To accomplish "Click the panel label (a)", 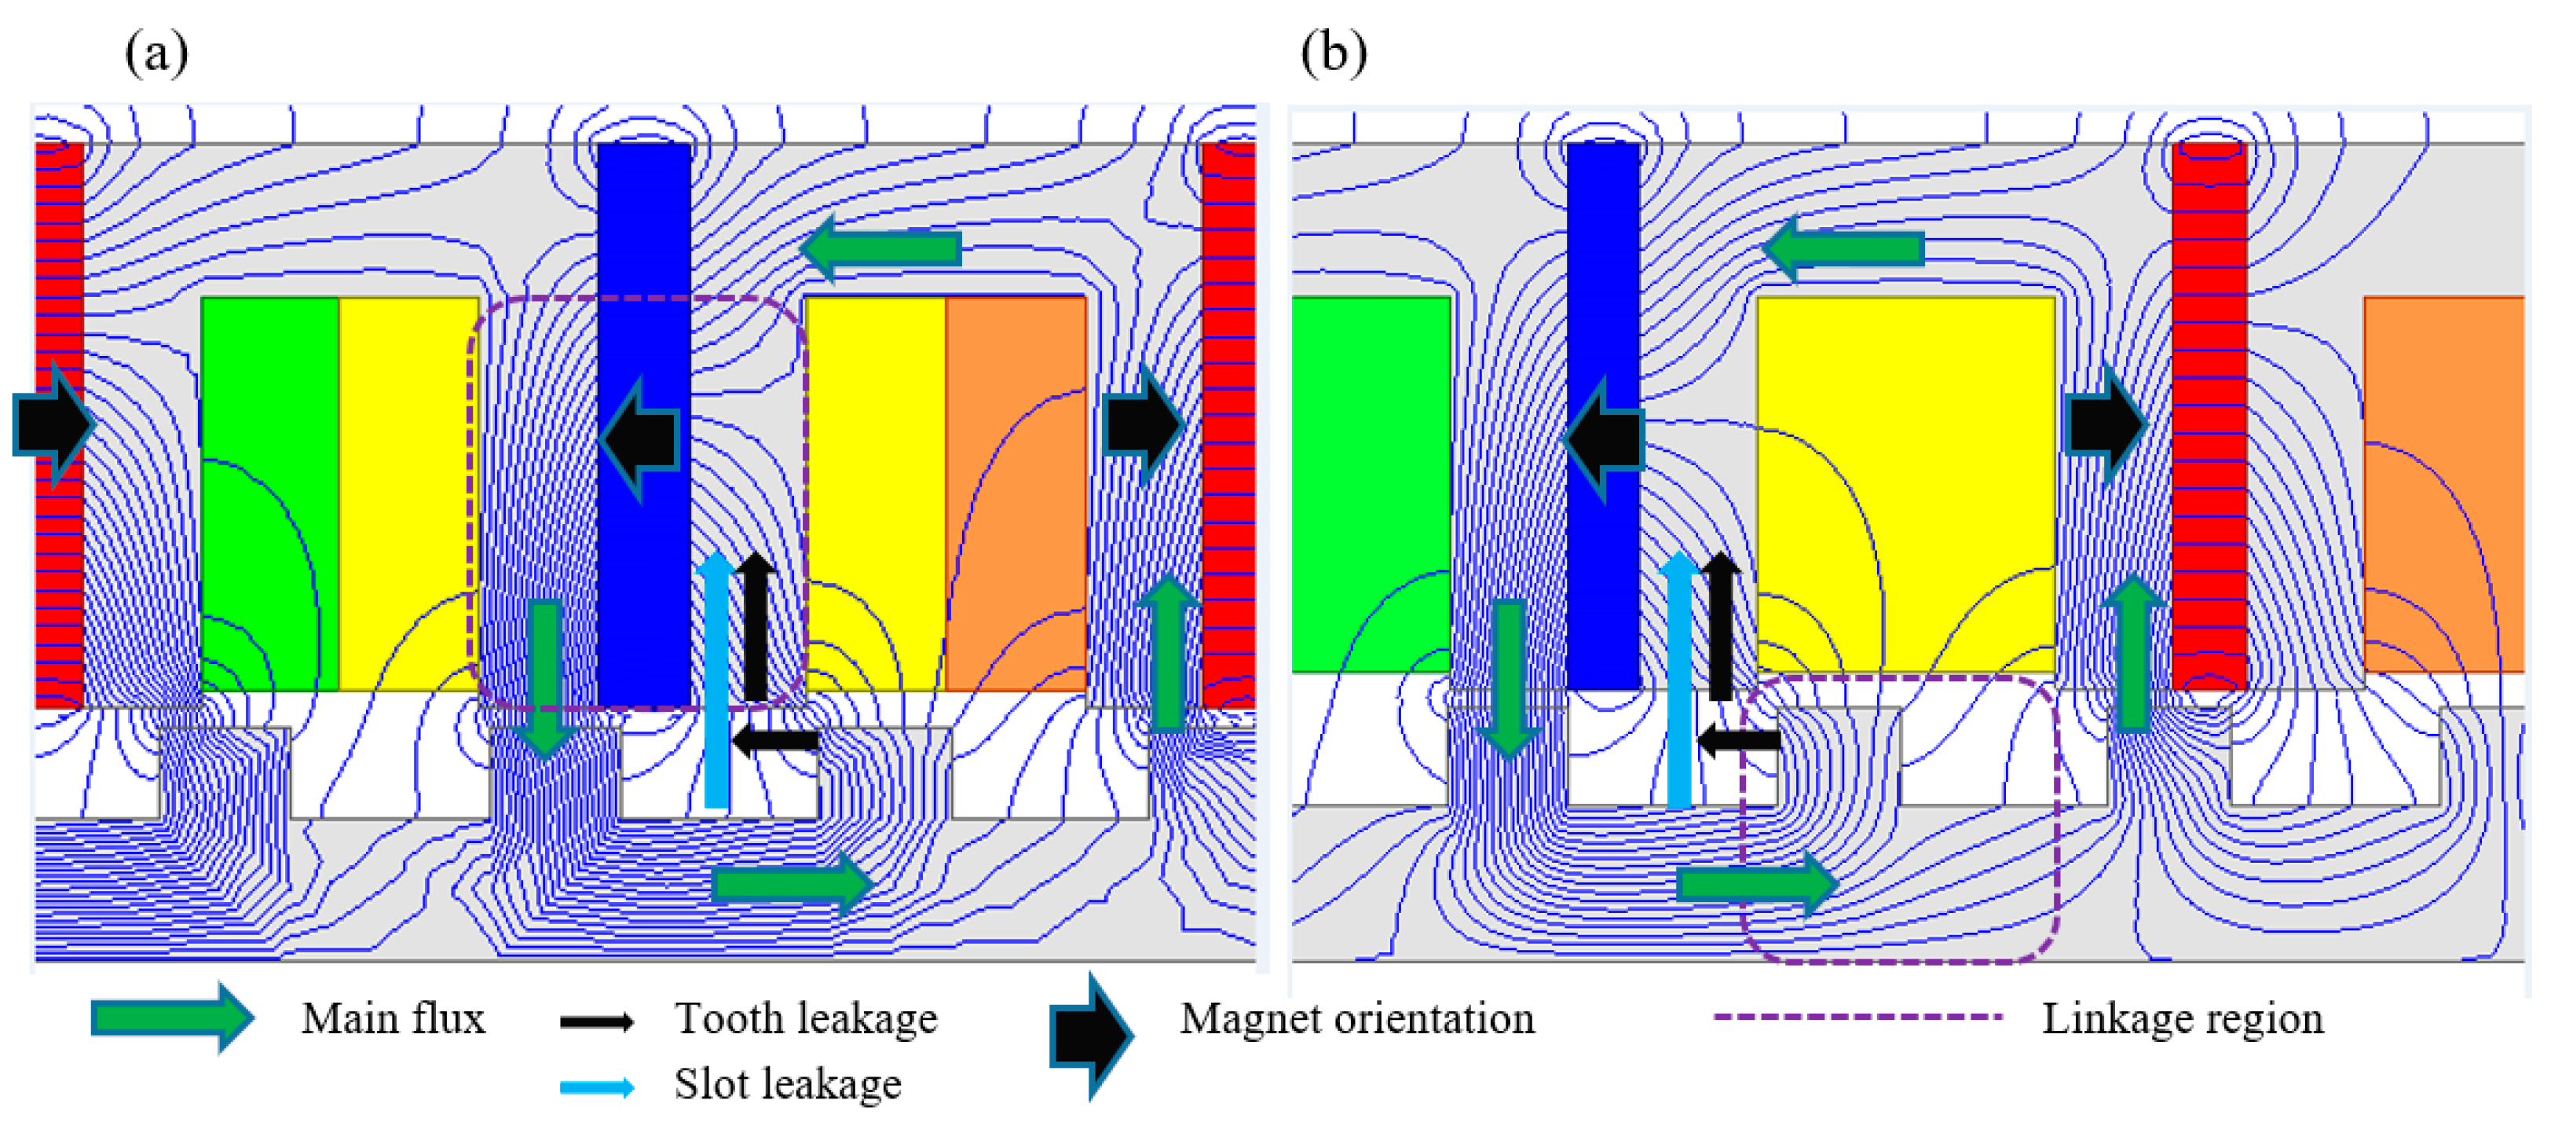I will (x=156, y=53).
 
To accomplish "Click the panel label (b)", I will (x=1333, y=53).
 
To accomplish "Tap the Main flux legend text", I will (x=393, y=1019).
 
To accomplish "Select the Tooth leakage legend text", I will (x=805, y=1019).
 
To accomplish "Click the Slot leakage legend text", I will (x=787, y=1084).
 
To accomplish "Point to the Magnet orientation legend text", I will (x=1356, y=1019).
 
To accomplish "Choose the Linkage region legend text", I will (x=2182, y=1019).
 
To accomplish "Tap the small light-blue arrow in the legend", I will (x=597, y=1087).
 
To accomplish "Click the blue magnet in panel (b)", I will (x=1602, y=277).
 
